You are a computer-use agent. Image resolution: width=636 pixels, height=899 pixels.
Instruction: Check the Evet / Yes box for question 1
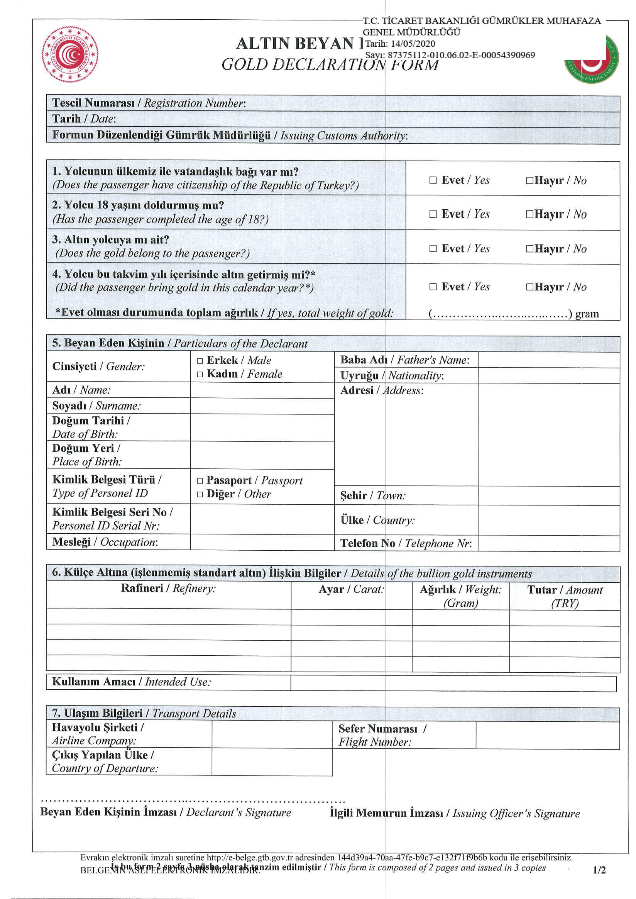433,180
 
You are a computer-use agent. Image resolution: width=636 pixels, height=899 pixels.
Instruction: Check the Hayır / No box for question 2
529,214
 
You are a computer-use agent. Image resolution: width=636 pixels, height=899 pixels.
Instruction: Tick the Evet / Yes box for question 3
433,248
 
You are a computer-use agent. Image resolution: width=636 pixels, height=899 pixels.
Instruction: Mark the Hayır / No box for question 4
529,287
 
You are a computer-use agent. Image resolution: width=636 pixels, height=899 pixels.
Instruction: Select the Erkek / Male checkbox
200,361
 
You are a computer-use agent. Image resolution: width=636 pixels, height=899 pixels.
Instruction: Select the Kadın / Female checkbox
200,374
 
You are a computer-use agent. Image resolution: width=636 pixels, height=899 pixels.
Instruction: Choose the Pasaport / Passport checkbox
200,481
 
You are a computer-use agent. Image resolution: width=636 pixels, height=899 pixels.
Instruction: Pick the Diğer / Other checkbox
200,494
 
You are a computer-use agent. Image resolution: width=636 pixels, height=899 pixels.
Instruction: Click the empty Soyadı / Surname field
262,406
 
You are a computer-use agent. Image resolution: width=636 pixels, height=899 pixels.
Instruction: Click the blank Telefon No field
548,543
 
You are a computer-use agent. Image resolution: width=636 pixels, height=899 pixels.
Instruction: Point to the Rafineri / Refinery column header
168,588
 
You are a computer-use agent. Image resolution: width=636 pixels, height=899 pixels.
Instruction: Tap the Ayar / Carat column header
351,589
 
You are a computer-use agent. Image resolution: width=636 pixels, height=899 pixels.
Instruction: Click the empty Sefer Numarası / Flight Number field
548,735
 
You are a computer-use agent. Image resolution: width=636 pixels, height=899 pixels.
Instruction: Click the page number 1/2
599,870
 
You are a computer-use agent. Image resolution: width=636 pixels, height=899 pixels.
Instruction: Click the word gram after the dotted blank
587,314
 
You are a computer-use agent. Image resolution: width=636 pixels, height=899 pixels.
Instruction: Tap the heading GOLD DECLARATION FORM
330,64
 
